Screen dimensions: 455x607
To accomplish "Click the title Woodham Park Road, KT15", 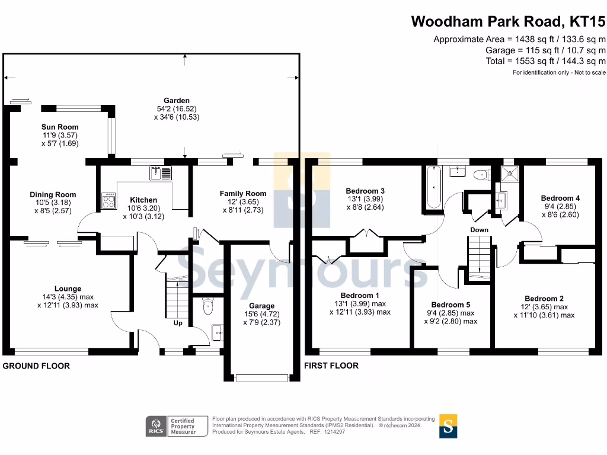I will pos(508,22).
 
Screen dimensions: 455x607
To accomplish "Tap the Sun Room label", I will pos(60,127).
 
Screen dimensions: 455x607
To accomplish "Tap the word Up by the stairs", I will pos(178,323).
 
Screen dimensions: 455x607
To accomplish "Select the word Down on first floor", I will pos(479,230).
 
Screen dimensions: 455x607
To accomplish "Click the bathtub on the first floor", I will pos(433,187).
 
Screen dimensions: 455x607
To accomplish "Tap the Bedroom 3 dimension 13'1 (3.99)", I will pos(365,199).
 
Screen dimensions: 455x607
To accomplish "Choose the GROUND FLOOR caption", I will pos(36,366).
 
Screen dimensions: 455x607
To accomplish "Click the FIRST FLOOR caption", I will pos(331,366).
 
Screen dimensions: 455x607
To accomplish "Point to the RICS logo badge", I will pos(156,425).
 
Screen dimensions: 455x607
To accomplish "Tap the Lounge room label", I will pos(68,289).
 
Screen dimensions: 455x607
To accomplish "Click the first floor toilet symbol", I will pos(480,174).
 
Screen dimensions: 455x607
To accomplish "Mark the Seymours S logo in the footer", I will pos(448,425).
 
